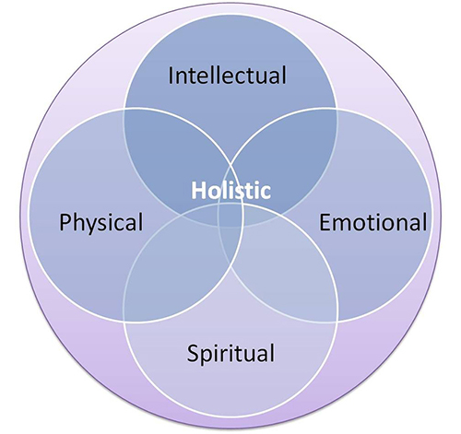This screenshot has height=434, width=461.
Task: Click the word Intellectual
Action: point(228,76)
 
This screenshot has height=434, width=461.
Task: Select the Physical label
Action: point(101,222)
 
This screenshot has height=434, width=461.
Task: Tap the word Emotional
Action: point(373,222)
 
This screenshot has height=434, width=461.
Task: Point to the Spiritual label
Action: point(230,353)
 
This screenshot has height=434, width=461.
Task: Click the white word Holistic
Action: point(230,191)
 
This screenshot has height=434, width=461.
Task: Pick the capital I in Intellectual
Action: point(170,76)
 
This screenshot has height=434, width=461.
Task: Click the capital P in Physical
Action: point(65,222)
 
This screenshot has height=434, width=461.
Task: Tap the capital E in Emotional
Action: point(325,222)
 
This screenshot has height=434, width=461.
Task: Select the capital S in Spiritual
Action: point(193,353)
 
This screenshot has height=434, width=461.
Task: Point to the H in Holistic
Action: point(198,191)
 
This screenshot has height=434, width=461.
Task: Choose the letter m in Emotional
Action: point(345,225)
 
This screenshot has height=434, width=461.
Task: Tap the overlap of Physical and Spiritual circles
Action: point(175,270)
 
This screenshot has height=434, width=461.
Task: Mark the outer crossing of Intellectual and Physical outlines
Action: point(124,109)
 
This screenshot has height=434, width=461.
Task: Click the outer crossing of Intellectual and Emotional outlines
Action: point(337,109)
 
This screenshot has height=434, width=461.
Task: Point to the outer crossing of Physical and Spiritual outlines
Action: point(124,322)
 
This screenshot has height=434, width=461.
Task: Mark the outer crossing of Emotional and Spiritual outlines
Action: point(337,322)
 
